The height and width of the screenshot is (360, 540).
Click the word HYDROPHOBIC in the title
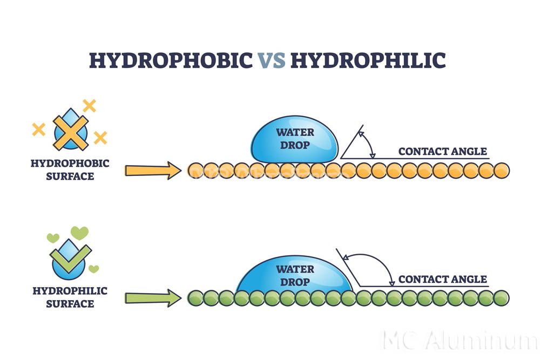(x=170, y=60)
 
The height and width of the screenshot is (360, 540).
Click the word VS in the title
(x=271, y=60)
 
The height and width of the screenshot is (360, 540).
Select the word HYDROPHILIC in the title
(x=368, y=60)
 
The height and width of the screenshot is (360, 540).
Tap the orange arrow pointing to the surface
(x=153, y=171)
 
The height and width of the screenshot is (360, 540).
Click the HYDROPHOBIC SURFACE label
(x=70, y=169)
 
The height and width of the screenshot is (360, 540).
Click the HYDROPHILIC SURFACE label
(x=70, y=297)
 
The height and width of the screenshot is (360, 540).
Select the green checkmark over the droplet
(x=71, y=259)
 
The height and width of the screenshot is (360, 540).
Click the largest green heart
(x=79, y=233)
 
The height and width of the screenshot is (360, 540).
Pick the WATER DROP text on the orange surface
(x=295, y=138)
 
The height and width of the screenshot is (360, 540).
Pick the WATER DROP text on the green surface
(x=295, y=275)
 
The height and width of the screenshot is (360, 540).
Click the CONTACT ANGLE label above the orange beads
(x=442, y=151)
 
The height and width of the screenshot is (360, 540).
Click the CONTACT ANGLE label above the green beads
(x=442, y=279)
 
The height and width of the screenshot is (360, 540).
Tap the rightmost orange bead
(x=502, y=171)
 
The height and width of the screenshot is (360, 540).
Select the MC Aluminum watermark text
(x=459, y=342)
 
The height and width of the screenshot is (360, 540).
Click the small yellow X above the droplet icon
(x=89, y=105)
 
